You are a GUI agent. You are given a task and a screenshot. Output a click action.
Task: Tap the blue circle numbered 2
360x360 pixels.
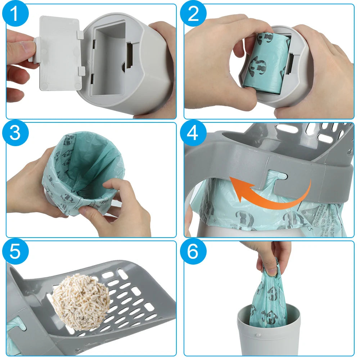pyautogui.click(x=194, y=15)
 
